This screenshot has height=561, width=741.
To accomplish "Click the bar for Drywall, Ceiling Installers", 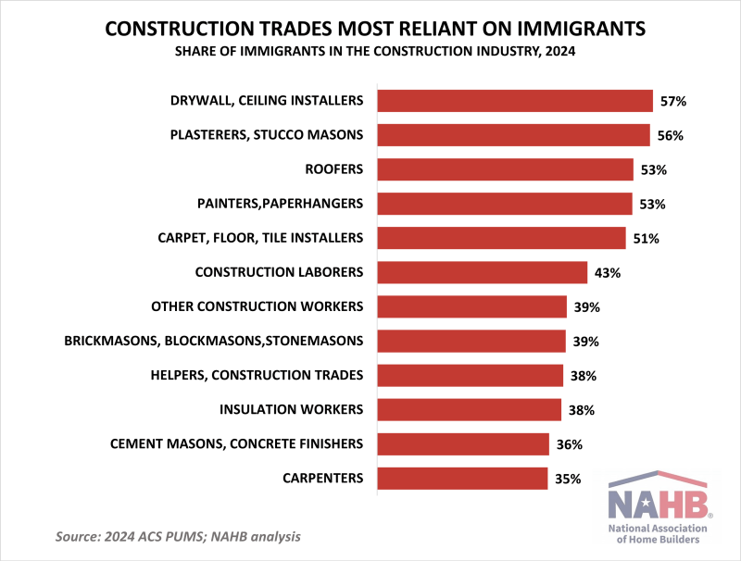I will click(517, 101).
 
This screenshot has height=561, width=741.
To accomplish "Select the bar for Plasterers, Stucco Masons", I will click(514, 135).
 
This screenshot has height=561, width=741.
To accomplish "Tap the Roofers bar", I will click(506, 169).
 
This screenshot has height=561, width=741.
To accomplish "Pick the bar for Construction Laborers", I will click(483, 272).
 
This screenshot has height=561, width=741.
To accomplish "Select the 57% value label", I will click(673, 101).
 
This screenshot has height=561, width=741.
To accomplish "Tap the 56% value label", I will click(670, 135).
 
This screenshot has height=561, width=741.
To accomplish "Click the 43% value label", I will click(607, 272).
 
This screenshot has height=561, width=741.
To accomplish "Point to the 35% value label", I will click(568, 479).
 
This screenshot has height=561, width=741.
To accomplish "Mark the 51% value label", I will click(646, 238).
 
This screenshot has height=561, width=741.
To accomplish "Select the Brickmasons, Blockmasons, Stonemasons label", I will click(214, 341).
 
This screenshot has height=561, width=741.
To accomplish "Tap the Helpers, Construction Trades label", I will click(257, 375).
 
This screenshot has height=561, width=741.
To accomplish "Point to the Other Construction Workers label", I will click(257, 306).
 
